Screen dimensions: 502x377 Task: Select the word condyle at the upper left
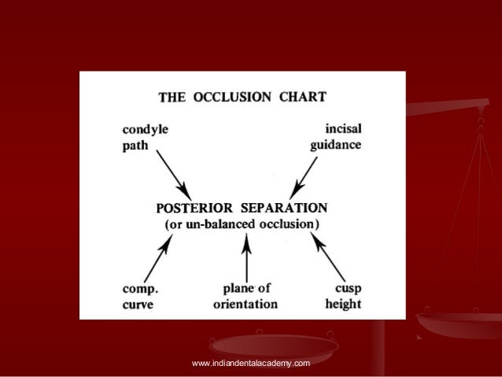(145, 127)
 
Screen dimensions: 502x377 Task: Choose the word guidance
(335, 144)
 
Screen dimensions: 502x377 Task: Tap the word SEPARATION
(286, 209)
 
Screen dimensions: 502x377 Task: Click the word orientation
(245, 304)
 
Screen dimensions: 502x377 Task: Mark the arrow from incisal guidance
(305, 176)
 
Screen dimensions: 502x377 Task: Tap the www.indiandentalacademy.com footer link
(250, 362)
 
